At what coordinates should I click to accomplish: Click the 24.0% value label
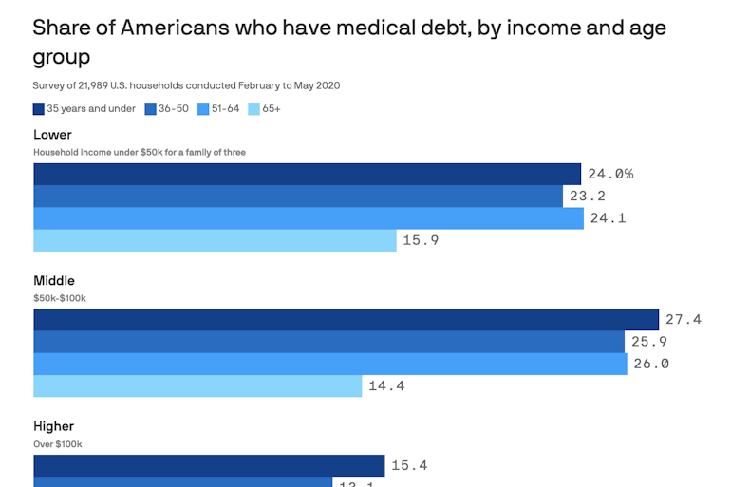click(609, 174)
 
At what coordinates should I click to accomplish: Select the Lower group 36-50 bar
click(298, 197)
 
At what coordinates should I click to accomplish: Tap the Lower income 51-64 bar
click(309, 218)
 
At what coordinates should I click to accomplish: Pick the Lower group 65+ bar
click(215, 240)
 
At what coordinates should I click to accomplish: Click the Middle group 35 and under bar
click(346, 320)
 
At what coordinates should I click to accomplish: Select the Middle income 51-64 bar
click(330, 364)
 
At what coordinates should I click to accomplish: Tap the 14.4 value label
click(386, 386)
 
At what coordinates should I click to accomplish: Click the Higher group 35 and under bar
click(209, 465)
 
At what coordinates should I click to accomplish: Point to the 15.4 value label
click(410, 465)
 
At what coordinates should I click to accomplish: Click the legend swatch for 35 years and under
click(38, 109)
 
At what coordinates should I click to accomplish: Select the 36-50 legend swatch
click(150, 109)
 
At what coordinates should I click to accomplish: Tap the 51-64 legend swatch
click(203, 109)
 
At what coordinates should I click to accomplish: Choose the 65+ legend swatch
click(253, 109)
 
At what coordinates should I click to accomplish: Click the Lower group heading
click(52, 135)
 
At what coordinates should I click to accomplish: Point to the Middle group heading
click(54, 281)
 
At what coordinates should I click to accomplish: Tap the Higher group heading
click(53, 426)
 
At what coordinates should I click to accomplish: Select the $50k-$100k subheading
click(60, 298)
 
